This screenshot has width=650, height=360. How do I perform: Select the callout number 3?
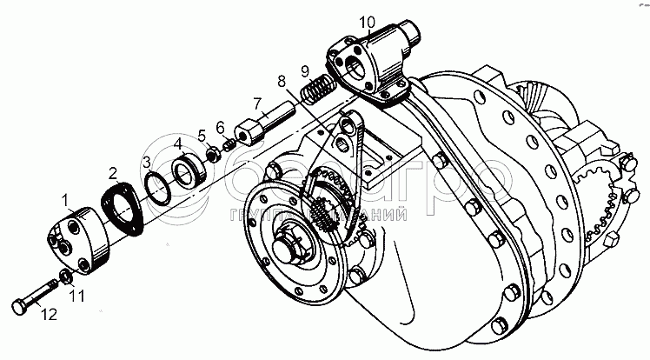point(147,162)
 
